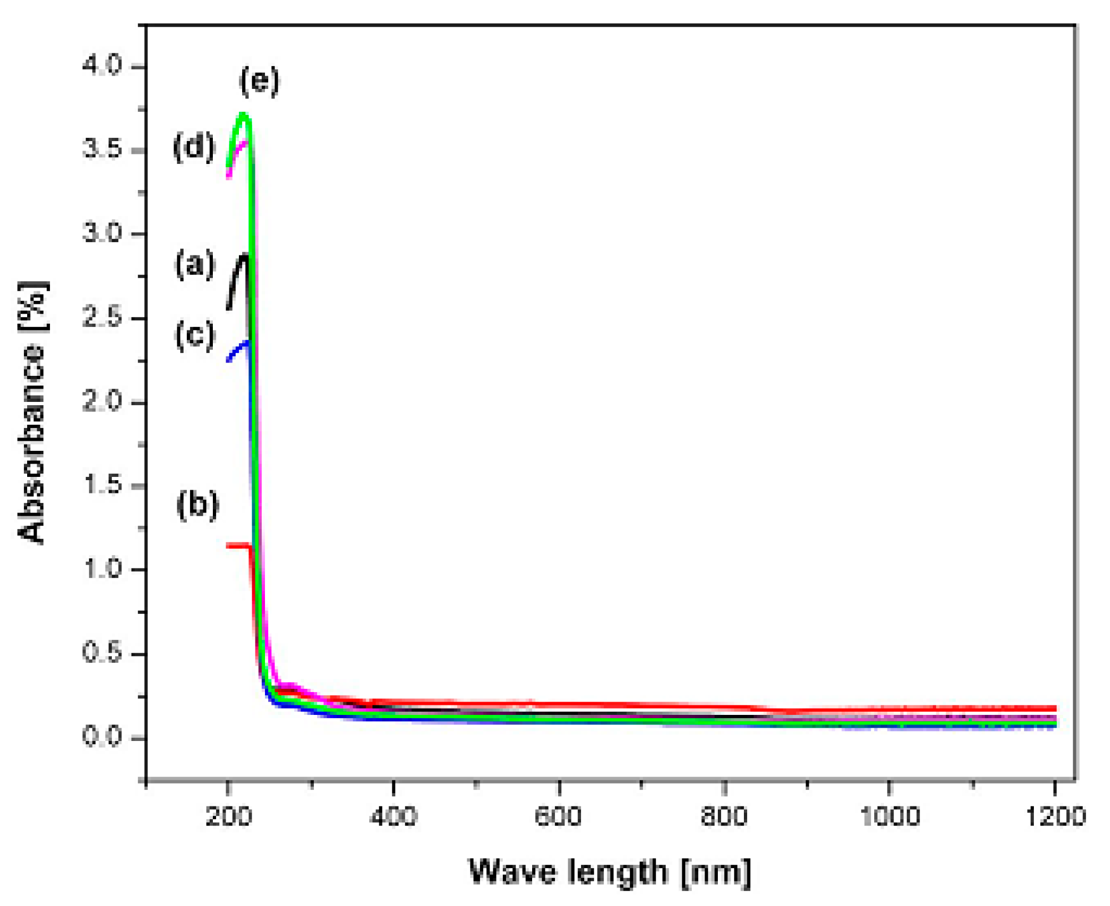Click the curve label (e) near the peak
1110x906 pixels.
[259, 81]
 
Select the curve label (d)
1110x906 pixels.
[194, 147]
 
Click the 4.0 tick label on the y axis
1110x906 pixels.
[102, 66]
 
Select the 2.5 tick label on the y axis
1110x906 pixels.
[102, 318]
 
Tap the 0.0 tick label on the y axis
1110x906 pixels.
[102, 738]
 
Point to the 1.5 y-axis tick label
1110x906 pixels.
[102, 486]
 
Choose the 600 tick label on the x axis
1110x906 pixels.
[558, 816]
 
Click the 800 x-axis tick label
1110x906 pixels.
[724, 816]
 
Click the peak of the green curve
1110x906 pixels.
[244, 114]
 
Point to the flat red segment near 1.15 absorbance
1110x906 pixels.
[238, 546]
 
